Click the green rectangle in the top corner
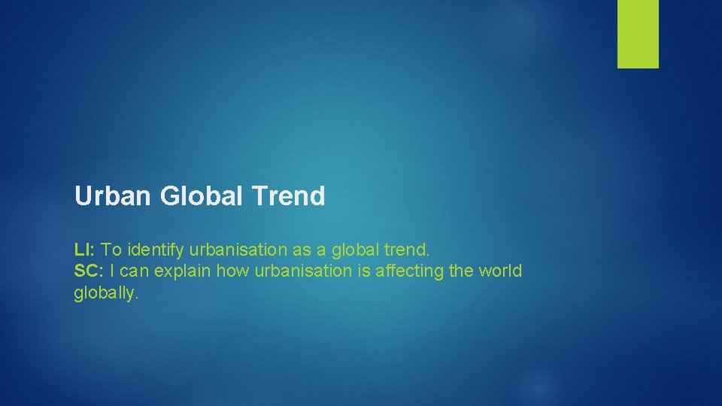(638, 34)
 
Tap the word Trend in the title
(289, 197)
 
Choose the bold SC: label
(89, 271)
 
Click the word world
(499, 271)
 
